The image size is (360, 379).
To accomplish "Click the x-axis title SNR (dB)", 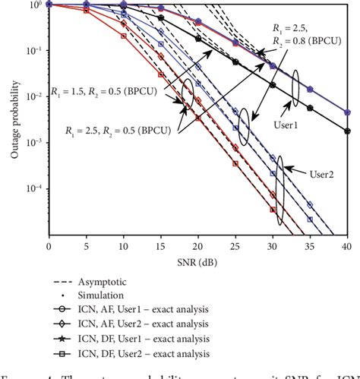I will coord(197,261).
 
